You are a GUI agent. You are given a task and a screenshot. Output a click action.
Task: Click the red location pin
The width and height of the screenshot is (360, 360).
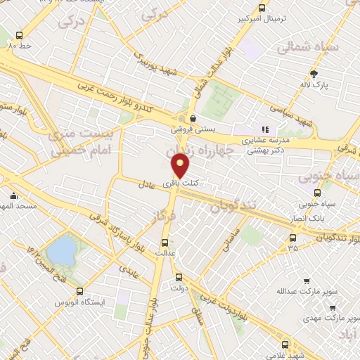pos(181,166)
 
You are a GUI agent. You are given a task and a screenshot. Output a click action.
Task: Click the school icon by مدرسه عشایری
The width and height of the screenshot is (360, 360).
pos(265,129)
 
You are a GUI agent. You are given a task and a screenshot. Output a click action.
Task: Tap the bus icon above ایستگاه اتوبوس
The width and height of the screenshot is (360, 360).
pos(79,291)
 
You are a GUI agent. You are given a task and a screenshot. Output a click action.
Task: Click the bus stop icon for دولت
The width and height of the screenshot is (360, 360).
pos(179,276)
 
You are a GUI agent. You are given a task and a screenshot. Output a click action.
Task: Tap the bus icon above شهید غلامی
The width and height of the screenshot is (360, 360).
pos(284,344)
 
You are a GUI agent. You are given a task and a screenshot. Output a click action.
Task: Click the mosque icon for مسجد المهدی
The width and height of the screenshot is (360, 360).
pos(13,196)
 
